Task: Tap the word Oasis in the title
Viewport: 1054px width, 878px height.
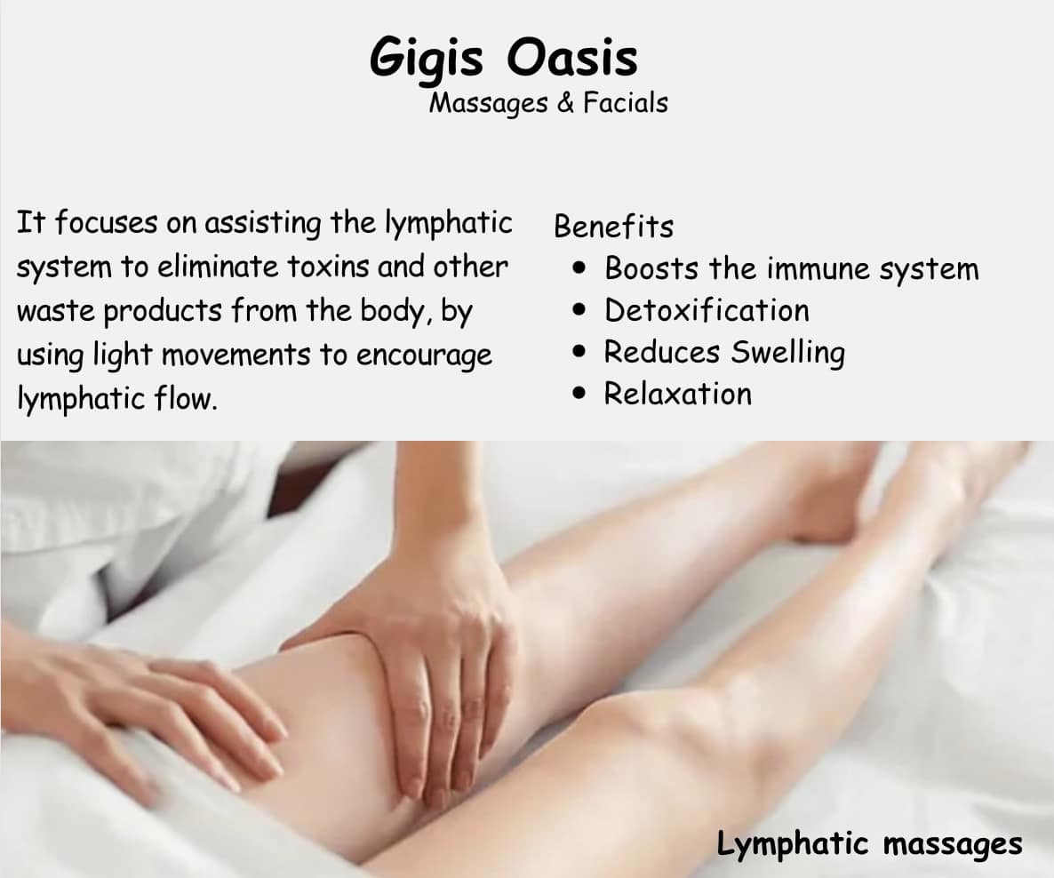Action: coord(571,57)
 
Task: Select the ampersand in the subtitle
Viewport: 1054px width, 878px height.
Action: coord(565,103)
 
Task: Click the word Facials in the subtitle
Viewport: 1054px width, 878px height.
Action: coord(625,103)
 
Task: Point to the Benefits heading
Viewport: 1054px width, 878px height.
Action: coord(613,227)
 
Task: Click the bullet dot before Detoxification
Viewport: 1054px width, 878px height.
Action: coord(579,311)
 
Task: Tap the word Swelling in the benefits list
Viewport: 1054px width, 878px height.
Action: coord(787,353)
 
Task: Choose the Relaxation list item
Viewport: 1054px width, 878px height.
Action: coord(677,394)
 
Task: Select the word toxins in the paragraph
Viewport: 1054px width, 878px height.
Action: coord(329,267)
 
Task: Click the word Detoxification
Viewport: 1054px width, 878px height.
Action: coord(707,311)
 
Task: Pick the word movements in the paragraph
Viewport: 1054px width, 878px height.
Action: coord(236,355)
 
